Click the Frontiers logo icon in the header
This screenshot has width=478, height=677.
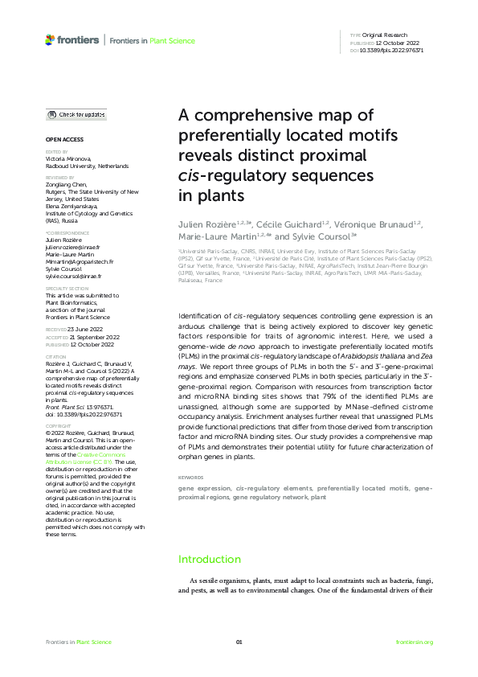(x=50, y=39)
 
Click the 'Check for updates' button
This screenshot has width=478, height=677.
(x=76, y=115)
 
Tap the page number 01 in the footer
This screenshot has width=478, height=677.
(x=239, y=642)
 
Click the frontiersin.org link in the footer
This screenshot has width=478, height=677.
(x=415, y=642)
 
